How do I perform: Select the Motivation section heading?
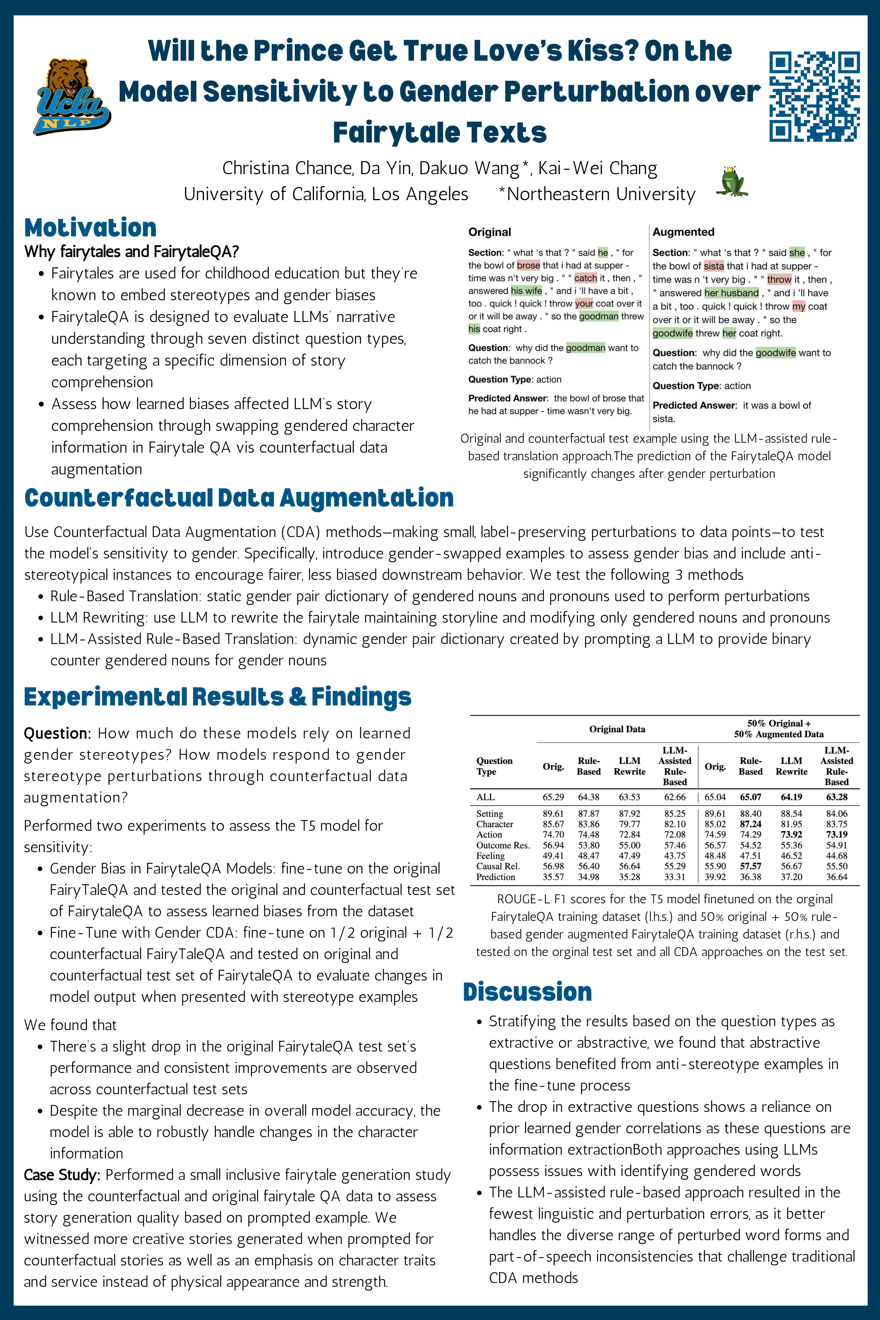point(91,228)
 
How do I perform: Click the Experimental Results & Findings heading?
point(218,697)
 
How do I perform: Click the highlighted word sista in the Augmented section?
point(713,266)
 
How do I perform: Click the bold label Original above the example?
point(489,232)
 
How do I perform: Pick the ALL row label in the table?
point(485,797)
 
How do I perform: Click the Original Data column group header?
point(617,729)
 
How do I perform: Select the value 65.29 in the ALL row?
point(553,797)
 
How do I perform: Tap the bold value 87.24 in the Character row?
point(751,824)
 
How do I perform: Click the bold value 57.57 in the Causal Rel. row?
point(751,866)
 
